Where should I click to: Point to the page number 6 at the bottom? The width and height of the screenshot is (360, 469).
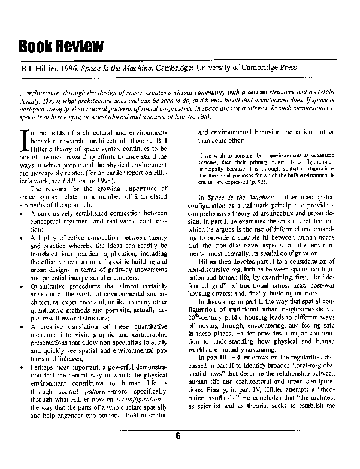point(178,453)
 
